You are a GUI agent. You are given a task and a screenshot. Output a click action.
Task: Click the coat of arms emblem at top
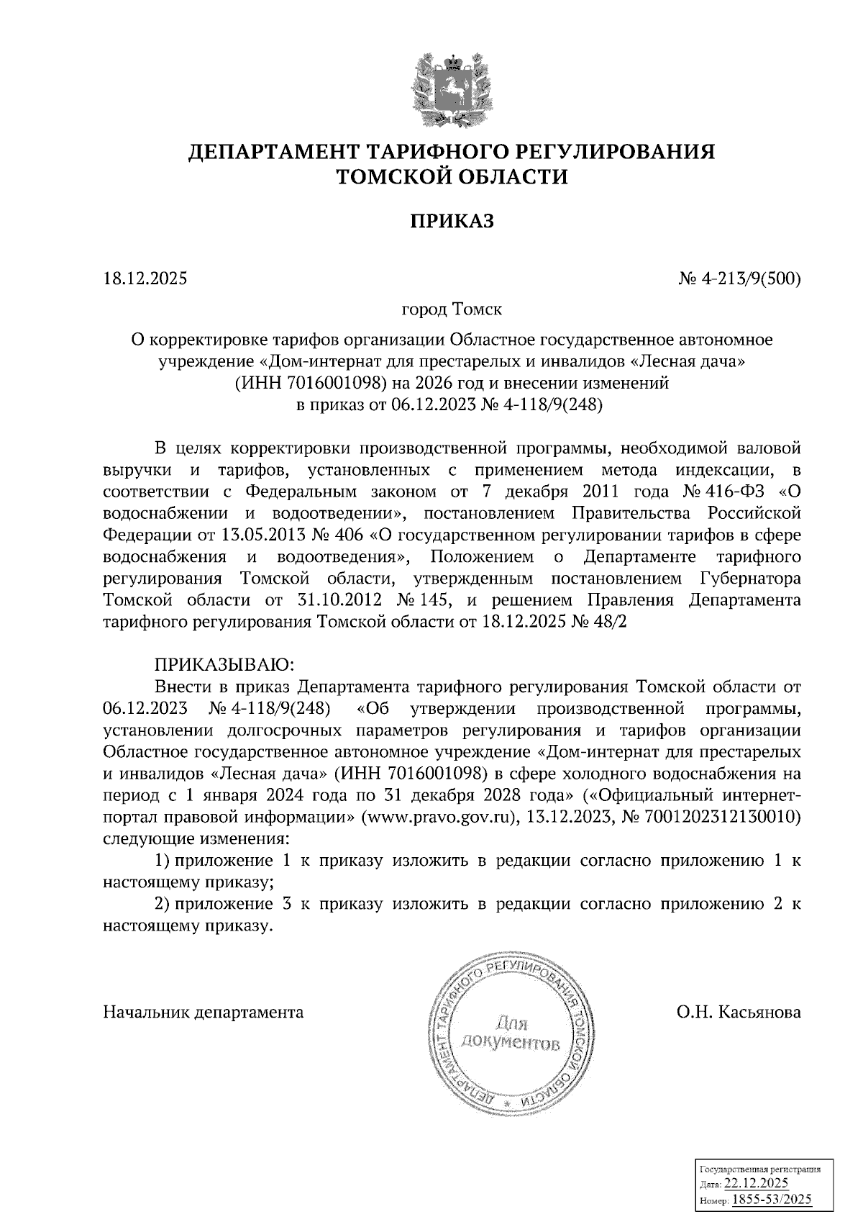click(x=452, y=90)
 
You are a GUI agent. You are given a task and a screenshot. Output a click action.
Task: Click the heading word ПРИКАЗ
click(x=452, y=222)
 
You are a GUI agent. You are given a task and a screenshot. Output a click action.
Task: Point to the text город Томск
click(x=452, y=309)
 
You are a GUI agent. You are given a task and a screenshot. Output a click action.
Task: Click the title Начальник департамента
click(x=204, y=1012)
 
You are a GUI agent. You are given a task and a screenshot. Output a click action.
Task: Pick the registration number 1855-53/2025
click(x=767, y=1199)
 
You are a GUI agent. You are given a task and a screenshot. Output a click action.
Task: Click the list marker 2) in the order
click(x=163, y=905)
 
